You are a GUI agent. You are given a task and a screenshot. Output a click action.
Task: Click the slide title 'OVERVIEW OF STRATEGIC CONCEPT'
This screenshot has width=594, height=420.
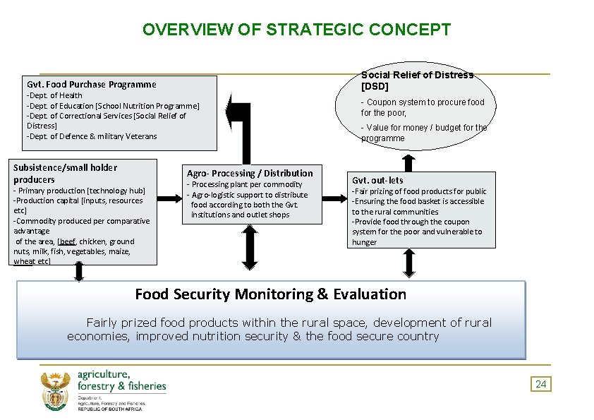coord(296,30)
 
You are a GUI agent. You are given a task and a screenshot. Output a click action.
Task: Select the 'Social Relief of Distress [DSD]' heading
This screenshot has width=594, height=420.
coord(417,80)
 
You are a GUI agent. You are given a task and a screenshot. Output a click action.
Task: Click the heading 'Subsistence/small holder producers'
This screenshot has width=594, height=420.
coord(65,173)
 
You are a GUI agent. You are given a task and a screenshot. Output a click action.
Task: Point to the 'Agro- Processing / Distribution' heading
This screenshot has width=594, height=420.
coord(250,173)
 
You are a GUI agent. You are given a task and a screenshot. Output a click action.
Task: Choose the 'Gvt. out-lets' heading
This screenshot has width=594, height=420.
coord(378,180)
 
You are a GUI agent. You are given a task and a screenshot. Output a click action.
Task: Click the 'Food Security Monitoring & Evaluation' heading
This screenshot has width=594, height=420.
coord(270,294)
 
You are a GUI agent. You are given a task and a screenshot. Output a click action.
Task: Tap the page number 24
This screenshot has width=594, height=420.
coord(541,384)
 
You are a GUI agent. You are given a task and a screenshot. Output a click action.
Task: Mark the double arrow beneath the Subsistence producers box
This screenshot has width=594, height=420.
coord(79,272)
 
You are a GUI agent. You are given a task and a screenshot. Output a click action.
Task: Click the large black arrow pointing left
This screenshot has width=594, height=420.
coord(238,113)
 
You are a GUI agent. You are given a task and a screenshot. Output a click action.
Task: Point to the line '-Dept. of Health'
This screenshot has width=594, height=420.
coord(54,95)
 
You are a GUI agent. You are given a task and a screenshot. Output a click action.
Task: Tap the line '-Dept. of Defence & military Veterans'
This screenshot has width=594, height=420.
coord(92,136)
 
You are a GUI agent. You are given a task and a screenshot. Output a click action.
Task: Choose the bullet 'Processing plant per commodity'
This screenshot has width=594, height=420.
coord(246,184)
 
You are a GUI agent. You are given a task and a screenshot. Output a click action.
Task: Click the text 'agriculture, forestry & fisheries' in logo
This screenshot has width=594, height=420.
coord(121,380)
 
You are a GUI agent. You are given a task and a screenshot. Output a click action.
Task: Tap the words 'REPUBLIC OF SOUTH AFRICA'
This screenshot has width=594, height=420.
coord(109,409)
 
